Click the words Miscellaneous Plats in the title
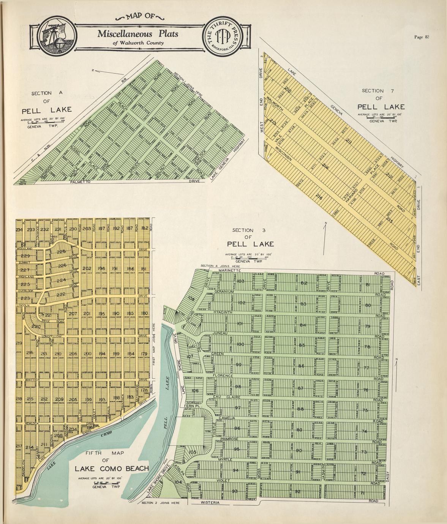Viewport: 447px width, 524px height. tap(137, 34)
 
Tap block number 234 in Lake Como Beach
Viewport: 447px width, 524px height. tap(20, 229)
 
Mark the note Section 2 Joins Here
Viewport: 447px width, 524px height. tap(160, 503)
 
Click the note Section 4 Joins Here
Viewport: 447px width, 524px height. tap(220, 266)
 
